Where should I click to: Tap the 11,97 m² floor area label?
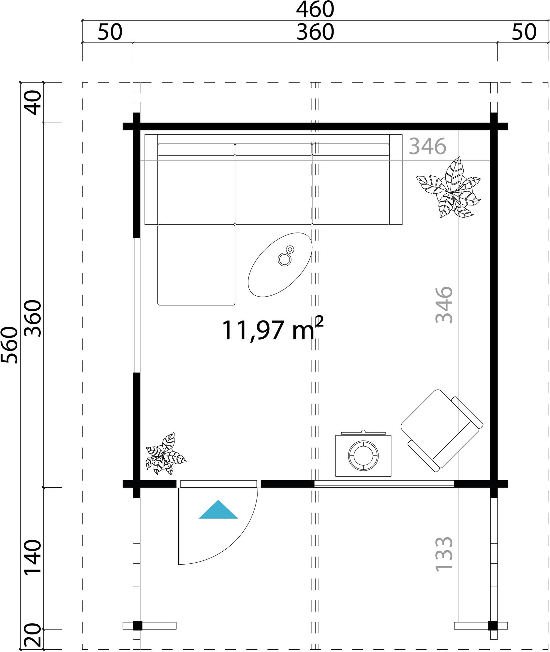click(x=273, y=329)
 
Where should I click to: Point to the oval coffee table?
click(x=280, y=265)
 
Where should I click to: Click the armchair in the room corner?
click(x=442, y=430)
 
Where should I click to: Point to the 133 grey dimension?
click(x=444, y=554)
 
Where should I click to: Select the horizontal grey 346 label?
click(x=427, y=146)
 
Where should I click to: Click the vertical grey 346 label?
click(x=444, y=305)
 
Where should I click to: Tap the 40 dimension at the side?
click(x=33, y=103)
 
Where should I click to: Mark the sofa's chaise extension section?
click(x=196, y=265)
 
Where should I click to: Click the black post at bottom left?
click(x=137, y=626)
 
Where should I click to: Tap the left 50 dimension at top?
click(x=110, y=32)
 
